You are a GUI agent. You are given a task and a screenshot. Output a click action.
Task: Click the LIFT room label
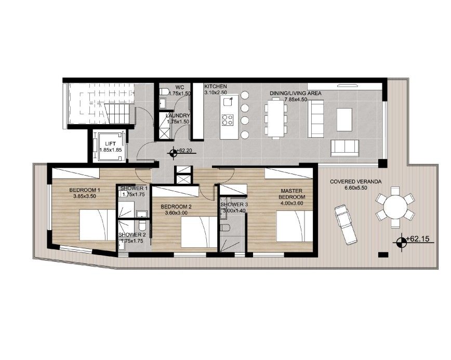pyautogui.click(x=111, y=143)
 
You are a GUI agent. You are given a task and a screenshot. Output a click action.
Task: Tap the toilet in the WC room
pyautogui.click(x=164, y=92)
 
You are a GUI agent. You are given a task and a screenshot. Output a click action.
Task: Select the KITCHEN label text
pyautogui.click(x=216, y=86)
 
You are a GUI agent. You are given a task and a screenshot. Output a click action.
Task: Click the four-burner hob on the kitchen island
pyautogui.click(x=228, y=120)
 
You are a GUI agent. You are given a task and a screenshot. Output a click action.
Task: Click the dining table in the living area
pyautogui.click(x=275, y=118)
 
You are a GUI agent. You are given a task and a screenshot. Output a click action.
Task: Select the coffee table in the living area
pyautogui.click(x=344, y=119)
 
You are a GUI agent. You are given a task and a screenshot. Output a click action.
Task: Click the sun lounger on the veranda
pyautogui.click(x=346, y=225)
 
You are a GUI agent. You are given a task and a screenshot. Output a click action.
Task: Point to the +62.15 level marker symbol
pyautogui.click(x=400, y=243)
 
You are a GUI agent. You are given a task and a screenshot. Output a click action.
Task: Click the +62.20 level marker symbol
pyautogui.click(x=173, y=153)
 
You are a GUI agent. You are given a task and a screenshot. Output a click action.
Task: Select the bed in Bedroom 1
pyautogui.click(x=97, y=225)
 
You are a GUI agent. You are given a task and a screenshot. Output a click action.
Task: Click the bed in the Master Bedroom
pyautogui.click(x=294, y=226)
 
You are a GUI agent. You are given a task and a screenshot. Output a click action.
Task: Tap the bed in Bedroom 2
pyautogui.click(x=199, y=232)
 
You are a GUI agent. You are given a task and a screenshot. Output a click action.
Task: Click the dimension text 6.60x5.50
pyautogui.click(x=355, y=188)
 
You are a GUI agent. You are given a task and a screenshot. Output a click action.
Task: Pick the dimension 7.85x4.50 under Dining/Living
pyautogui.click(x=296, y=100)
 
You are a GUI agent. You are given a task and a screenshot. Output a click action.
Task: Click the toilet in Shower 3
pyautogui.click(x=225, y=228)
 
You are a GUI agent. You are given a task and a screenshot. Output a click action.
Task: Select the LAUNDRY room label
pyautogui.click(x=178, y=116)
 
